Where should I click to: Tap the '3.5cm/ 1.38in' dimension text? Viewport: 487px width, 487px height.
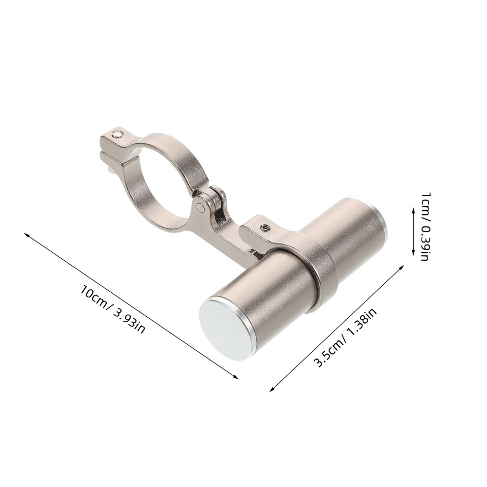click(345, 337)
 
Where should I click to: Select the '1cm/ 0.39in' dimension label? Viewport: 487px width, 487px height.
click(425, 226)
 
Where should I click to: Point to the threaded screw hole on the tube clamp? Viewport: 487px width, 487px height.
click(265, 227)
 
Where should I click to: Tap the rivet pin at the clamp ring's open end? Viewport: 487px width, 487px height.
click(118, 134)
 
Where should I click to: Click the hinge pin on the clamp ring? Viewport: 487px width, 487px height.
click(201, 206)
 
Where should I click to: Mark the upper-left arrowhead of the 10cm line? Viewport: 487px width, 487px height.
click(26, 235)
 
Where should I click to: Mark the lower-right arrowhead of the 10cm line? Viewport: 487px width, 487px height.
click(237, 377)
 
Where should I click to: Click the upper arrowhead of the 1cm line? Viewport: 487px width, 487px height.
click(413, 210)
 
